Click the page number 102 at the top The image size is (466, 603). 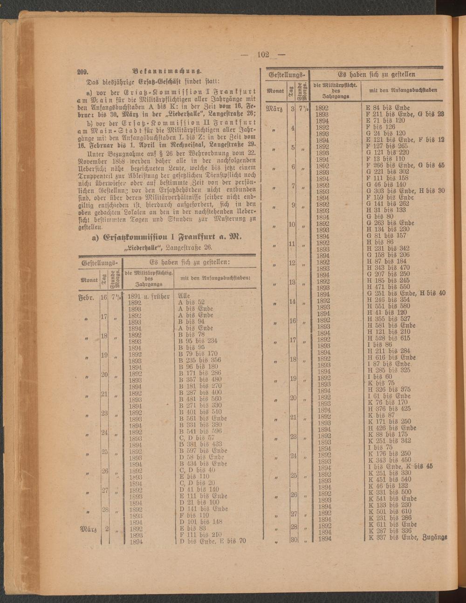pos(263,55)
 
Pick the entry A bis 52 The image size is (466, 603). pos(192,302)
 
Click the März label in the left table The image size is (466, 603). pos(88,529)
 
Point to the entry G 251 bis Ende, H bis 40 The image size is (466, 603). pos(406,293)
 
